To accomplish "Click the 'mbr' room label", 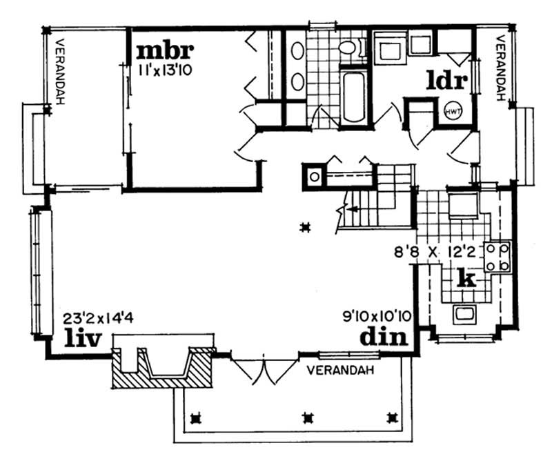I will (164, 51).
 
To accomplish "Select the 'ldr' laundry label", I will (447, 81).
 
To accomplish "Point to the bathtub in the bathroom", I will (355, 96).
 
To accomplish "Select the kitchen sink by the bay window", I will (464, 315).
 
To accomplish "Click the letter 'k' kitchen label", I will (467, 279).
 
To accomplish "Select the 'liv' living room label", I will (83, 338).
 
